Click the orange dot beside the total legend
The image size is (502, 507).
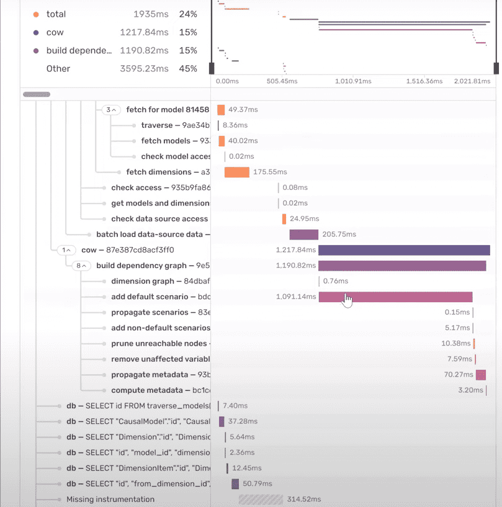[36, 14]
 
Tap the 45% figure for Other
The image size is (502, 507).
[188, 68]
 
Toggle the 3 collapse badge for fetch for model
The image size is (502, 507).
[110, 110]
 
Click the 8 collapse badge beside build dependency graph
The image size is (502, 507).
[81, 266]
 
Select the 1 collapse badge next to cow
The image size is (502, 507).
[66, 250]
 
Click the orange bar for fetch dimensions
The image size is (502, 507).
[236, 172]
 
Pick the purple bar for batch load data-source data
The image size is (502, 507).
[303, 235]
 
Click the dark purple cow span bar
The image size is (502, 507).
[404, 250]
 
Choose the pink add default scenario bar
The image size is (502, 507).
[395, 297]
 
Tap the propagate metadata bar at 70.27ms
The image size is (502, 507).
[480, 375]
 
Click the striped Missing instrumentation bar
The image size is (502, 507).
[261, 499]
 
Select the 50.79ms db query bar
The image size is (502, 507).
[235, 483]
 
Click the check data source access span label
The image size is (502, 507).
[159, 218]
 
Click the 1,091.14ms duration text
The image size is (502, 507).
[296, 297]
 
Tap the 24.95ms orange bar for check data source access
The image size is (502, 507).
[284, 219]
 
